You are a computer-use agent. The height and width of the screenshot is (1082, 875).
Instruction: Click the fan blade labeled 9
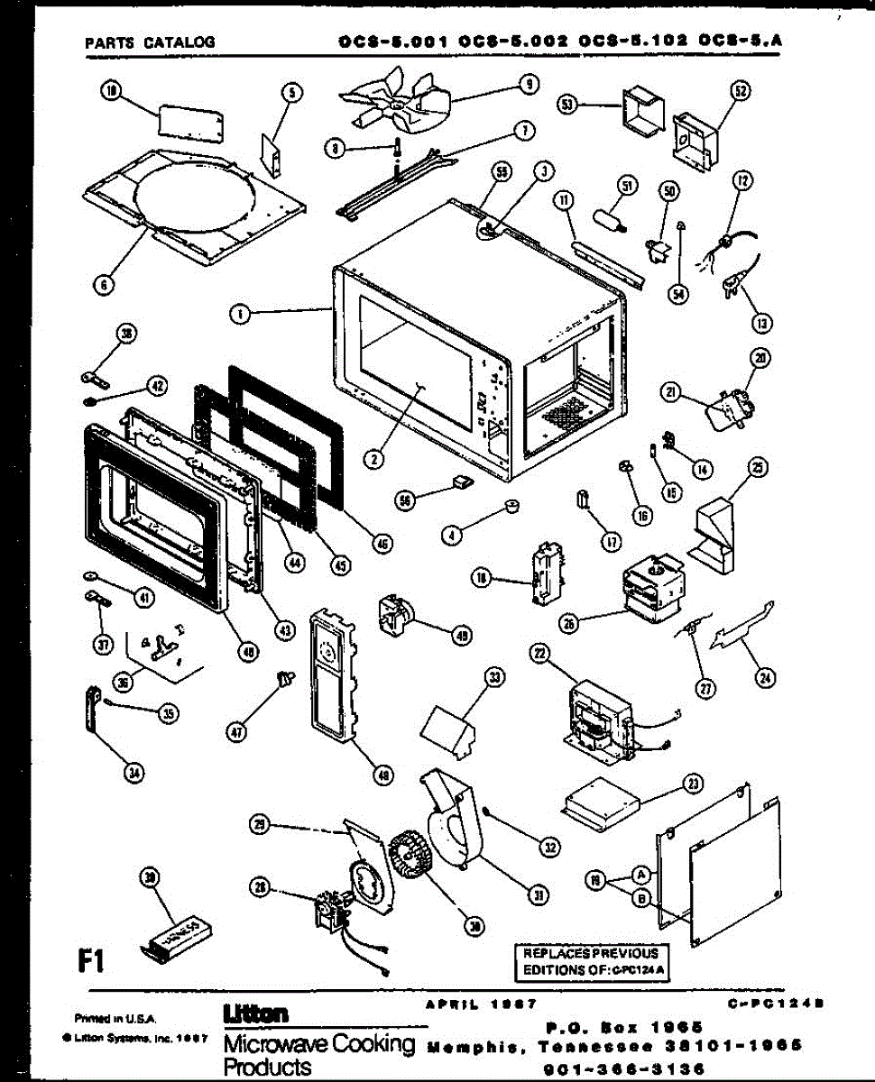(397, 104)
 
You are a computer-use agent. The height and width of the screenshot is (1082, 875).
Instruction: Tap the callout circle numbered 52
(741, 91)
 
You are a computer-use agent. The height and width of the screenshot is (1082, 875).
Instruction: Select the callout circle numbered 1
(239, 314)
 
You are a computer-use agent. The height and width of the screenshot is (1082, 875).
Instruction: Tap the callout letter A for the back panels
(640, 874)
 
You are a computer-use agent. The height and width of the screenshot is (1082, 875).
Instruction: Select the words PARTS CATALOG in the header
(149, 41)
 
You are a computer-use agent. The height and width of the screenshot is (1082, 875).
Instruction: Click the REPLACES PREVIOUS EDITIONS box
(591, 962)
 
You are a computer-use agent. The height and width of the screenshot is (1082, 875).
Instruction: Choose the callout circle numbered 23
(693, 784)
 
